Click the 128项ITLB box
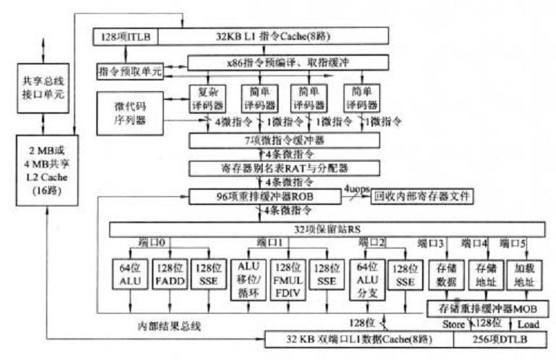(x=125, y=35)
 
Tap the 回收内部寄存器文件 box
(x=422, y=196)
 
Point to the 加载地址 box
(x=523, y=273)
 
